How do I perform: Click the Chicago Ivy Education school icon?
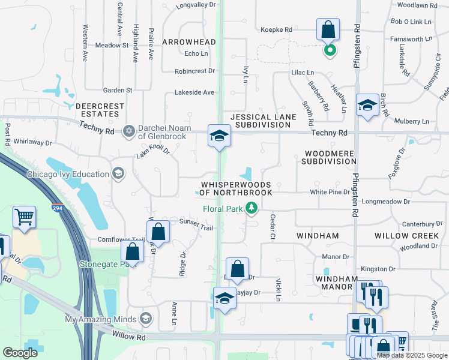(119, 174)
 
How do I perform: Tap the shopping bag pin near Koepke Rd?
(328, 29)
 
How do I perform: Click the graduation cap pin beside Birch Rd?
(367, 105)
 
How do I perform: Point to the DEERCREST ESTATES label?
(100, 110)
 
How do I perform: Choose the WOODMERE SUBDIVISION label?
(329, 157)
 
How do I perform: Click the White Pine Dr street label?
(330, 192)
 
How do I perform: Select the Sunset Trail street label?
(196, 221)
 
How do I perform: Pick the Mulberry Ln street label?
(420, 121)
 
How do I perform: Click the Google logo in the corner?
(20, 353)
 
